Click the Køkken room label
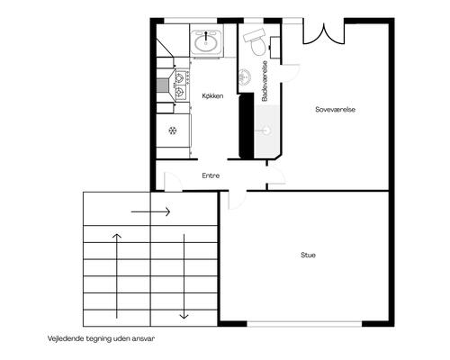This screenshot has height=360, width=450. pyautogui.click(x=212, y=96)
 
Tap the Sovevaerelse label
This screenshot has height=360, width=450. pyautogui.click(x=335, y=110)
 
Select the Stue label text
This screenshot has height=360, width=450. pyautogui.click(x=308, y=255)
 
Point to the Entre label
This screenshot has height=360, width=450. pyautogui.click(x=211, y=175)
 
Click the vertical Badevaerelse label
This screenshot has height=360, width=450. pyautogui.click(x=265, y=81)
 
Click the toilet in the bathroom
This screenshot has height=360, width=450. pyautogui.click(x=256, y=42)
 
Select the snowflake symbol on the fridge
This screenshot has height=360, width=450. pyautogui.click(x=172, y=130)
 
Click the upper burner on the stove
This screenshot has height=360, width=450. pyautogui.click(x=179, y=78)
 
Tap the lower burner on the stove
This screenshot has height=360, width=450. pyautogui.click(x=179, y=91)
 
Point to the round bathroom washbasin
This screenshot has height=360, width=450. pyautogui.click(x=244, y=77)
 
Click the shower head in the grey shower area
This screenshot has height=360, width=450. pyautogui.click(x=266, y=130)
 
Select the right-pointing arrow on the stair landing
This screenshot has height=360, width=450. pyautogui.click(x=150, y=212)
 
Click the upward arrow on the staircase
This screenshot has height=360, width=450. pyautogui.click(x=117, y=276)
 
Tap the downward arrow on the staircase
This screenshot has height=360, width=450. pyautogui.click(x=184, y=276)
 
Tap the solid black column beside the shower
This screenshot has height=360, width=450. pyautogui.click(x=247, y=126)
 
